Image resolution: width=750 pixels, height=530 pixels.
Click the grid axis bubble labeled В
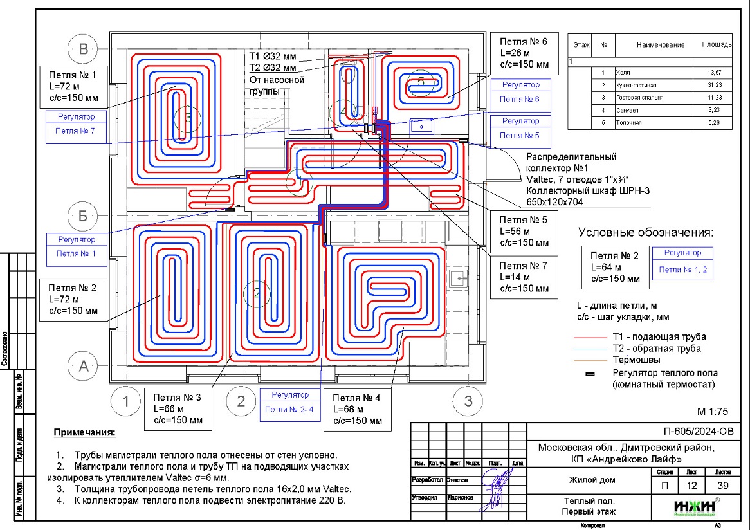click(x=83, y=50)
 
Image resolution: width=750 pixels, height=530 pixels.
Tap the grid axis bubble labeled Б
click(x=83, y=216)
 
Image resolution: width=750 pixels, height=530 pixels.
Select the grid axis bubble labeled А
click(x=83, y=367)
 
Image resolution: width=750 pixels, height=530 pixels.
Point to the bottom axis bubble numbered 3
click(x=468, y=401)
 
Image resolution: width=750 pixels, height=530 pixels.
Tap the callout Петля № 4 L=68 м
click(x=357, y=409)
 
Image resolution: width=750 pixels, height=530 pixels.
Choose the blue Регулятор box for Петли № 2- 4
click(x=290, y=402)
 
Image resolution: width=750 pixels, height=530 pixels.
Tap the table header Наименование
click(x=660, y=45)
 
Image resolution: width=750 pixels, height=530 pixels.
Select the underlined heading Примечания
click(x=84, y=432)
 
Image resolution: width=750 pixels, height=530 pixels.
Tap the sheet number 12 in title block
click(x=695, y=486)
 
